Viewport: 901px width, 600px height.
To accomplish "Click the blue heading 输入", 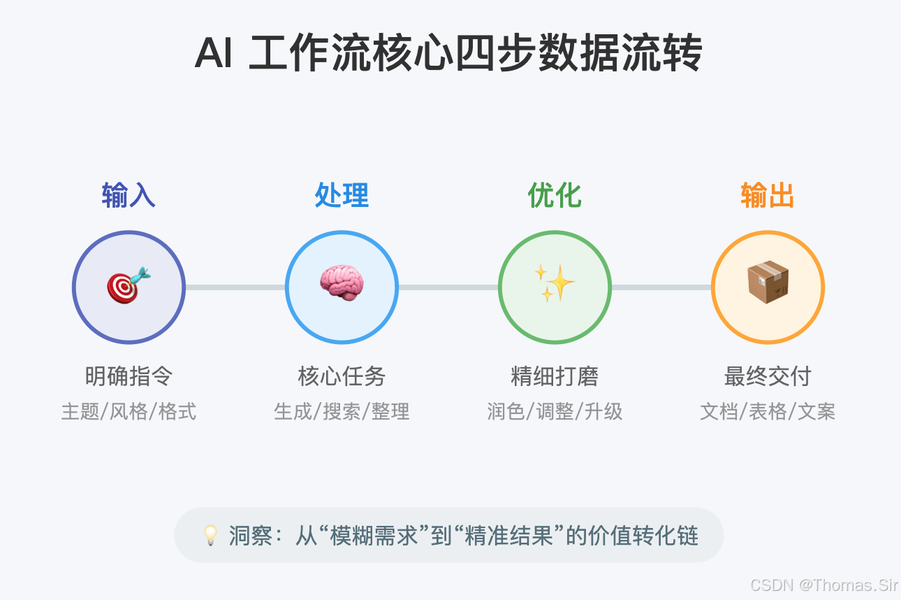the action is [129, 196].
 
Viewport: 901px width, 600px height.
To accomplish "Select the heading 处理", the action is [342, 196].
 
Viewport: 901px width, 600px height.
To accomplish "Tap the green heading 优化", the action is [555, 196].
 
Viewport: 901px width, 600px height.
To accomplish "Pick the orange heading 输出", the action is [768, 196].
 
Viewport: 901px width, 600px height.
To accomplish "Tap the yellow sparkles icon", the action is [555, 283].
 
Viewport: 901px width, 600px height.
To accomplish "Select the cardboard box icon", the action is [768, 283].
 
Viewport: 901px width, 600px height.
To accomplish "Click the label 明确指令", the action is [129, 377].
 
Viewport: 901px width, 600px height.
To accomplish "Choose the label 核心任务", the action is [342, 377].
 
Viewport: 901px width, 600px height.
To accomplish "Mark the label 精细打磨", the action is [555, 377].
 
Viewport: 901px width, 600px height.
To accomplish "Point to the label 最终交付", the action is [768, 377].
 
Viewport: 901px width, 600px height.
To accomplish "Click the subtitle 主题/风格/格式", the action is [129, 411].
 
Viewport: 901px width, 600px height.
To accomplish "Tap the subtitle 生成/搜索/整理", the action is [342, 411].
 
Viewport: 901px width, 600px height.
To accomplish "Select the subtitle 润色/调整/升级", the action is [555, 411].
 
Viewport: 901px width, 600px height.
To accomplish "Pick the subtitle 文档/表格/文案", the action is [768, 411].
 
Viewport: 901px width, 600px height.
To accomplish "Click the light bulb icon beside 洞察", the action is [210, 536].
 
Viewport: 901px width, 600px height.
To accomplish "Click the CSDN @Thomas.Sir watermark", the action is [823, 585].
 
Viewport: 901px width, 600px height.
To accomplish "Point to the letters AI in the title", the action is [213, 55].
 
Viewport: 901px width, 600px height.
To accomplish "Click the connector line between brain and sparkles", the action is [448, 287].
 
